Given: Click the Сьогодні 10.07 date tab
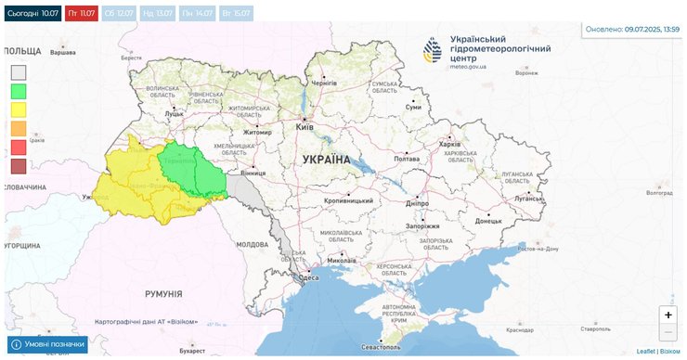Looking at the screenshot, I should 32,14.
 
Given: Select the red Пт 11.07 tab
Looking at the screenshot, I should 81,14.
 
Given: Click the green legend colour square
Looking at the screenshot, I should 19,92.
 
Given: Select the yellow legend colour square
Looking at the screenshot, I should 19,110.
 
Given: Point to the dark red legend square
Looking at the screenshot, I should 19,167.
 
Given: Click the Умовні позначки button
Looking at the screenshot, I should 47,344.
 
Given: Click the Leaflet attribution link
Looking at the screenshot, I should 646,352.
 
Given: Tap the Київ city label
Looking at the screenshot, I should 305,126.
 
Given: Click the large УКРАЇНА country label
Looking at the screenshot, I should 326,160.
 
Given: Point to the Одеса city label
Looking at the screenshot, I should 309,278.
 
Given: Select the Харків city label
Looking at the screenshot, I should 449,144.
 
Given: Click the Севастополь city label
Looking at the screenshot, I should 381,347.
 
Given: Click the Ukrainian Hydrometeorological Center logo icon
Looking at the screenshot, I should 434,50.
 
